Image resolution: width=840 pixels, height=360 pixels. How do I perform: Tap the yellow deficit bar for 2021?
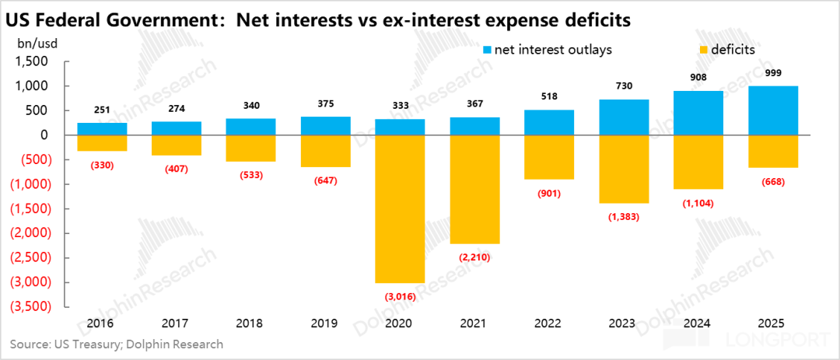(x=476, y=189)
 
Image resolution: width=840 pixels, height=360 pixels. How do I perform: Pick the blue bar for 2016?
(x=103, y=128)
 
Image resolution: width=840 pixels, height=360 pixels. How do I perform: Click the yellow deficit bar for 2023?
(x=625, y=169)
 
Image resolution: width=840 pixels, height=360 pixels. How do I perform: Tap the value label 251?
(x=103, y=110)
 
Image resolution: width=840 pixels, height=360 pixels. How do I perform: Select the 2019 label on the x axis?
(x=327, y=323)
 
